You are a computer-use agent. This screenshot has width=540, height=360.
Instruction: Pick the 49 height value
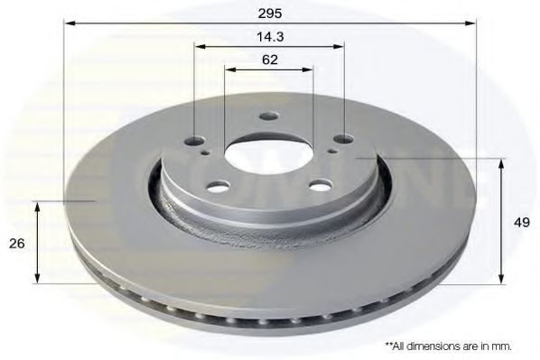(523, 222)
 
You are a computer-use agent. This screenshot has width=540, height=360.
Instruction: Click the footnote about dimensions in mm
(448, 346)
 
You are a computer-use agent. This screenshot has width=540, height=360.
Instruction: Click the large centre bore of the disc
(267, 152)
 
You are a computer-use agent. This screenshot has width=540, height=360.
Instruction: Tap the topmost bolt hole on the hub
(267, 115)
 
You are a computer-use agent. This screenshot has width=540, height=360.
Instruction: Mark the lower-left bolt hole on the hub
(218, 187)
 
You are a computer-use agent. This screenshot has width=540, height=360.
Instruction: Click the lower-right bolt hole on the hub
(318, 185)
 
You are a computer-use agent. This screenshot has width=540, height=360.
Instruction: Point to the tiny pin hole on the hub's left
(209, 153)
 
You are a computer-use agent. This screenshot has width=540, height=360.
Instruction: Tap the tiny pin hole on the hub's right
(332, 151)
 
